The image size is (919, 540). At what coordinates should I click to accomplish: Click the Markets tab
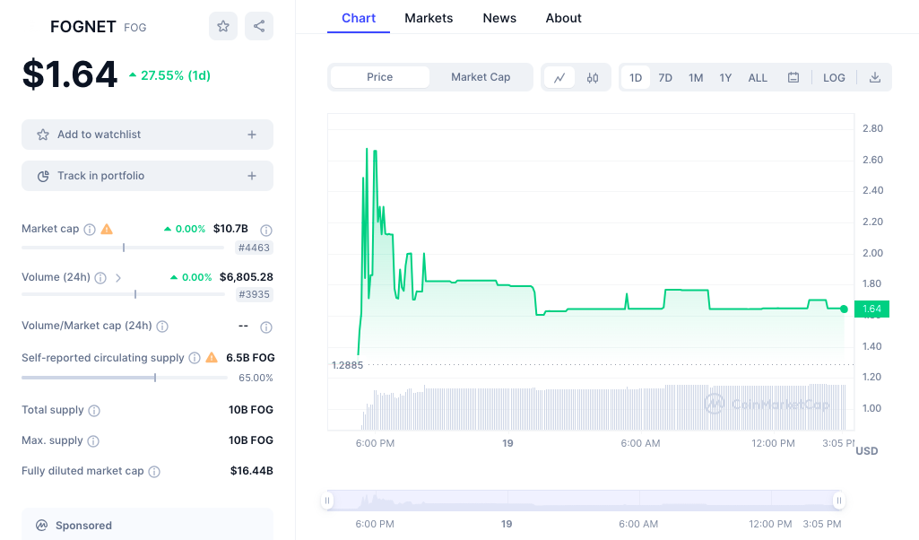coord(429,18)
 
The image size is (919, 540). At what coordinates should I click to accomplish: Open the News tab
coord(499,18)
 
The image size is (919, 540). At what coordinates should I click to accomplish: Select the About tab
coord(563,18)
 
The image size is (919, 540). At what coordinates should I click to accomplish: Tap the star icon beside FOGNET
coord(223,26)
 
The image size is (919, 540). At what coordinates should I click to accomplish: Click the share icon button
coord(259,26)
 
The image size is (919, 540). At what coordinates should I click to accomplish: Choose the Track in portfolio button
coord(147,176)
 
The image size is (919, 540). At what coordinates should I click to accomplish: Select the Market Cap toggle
coord(481,77)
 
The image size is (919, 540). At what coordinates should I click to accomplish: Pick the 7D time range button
coord(665,78)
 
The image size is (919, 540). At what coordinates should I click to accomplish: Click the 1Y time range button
coord(725,78)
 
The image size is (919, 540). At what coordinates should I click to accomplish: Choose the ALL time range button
coord(758,78)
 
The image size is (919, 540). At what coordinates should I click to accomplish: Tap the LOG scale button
coord(834,78)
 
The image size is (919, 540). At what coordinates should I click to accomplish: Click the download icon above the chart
coord(875,78)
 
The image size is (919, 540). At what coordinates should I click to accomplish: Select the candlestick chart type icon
coord(593,78)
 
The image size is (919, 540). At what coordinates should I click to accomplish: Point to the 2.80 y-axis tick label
coord(872,129)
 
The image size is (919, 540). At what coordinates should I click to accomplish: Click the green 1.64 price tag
coord(871,309)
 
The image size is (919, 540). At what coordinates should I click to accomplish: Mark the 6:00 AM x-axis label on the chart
coord(640,443)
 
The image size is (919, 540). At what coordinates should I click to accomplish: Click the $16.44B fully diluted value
coord(252,471)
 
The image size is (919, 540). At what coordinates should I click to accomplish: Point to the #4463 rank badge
coord(254,248)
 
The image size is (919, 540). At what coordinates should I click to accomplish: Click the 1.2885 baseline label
coord(347,365)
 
